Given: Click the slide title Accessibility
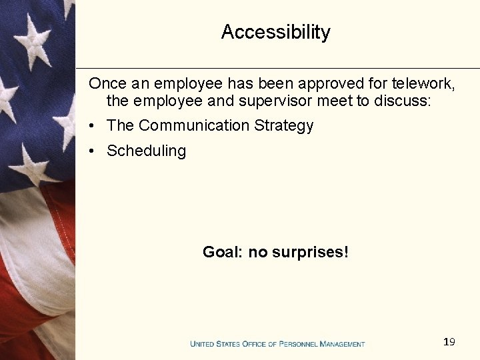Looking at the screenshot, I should tap(275, 32).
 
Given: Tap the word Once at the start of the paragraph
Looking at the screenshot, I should tap(107, 84).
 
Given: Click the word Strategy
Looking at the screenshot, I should tap(283, 126).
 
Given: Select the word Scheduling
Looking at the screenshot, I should tap(146, 151).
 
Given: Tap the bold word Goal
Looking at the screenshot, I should tap(221, 252).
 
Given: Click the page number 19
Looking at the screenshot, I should tap(449, 342).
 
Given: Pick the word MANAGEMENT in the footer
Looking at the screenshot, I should tap(343, 344).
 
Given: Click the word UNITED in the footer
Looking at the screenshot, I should tap(203, 344).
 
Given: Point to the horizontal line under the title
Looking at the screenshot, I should tap(277, 68).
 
